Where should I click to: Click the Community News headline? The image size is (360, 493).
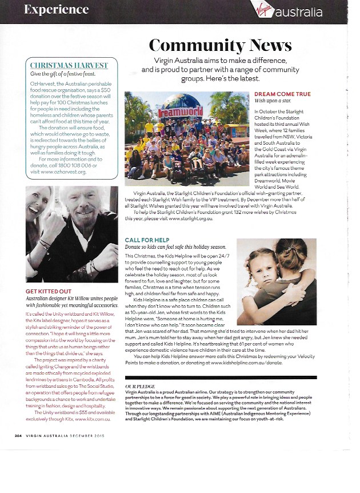pos(220,45)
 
